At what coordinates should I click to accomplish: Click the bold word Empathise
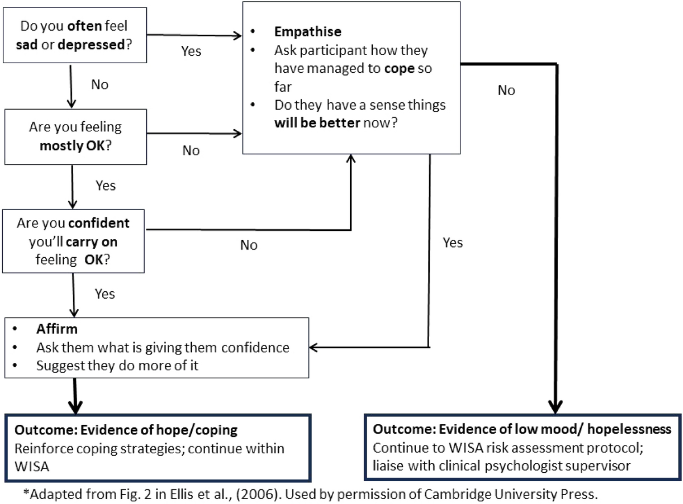tap(308, 32)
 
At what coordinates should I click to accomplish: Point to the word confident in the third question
tap(97, 223)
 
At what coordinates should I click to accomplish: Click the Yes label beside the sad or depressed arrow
tap(191, 51)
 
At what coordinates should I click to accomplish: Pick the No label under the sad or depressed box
tap(100, 85)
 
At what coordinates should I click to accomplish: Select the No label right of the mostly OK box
tap(191, 150)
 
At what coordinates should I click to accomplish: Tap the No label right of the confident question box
tap(249, 245)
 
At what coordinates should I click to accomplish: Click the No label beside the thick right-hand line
tap(506, 90)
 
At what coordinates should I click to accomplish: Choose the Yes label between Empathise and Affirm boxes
tap(452, 242)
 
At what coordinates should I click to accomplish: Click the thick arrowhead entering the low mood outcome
tap(555, 407)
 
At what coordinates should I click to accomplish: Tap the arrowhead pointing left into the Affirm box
tap(313, 347)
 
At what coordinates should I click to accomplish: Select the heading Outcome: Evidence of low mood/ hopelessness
tap(522, 429)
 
